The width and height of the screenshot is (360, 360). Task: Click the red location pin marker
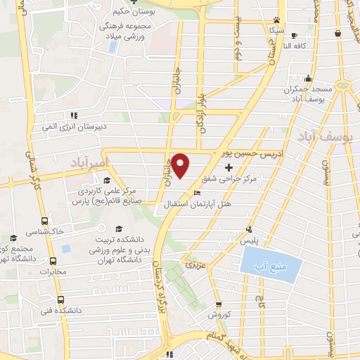tap(181, 166)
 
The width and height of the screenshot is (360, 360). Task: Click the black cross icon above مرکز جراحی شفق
tap(229, 168)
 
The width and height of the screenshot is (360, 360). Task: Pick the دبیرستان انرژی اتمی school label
tap(73, 127)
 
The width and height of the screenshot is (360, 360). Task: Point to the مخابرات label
tap(51, 271)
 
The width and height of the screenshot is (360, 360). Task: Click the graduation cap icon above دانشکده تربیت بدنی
tap(119, 229)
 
